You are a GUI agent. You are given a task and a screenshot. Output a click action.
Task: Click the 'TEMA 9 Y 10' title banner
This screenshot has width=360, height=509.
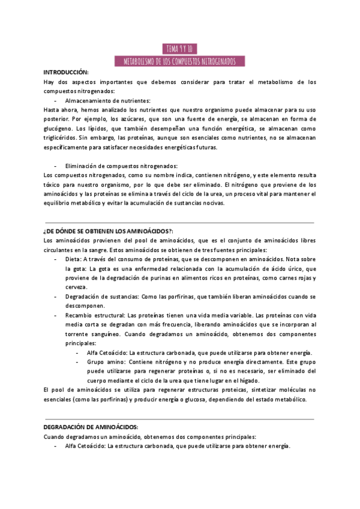[179, 49]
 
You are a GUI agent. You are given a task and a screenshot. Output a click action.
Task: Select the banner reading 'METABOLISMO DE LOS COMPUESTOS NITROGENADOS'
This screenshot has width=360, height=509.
[179, 61]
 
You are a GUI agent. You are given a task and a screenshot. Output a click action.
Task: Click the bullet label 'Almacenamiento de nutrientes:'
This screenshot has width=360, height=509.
[108, 101]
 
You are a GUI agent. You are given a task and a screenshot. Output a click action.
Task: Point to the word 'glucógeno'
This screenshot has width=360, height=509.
[59, 128]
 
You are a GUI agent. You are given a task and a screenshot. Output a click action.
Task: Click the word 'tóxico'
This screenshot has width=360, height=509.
[53, 185]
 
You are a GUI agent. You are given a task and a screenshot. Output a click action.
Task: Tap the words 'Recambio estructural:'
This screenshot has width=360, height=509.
[95, 315]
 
